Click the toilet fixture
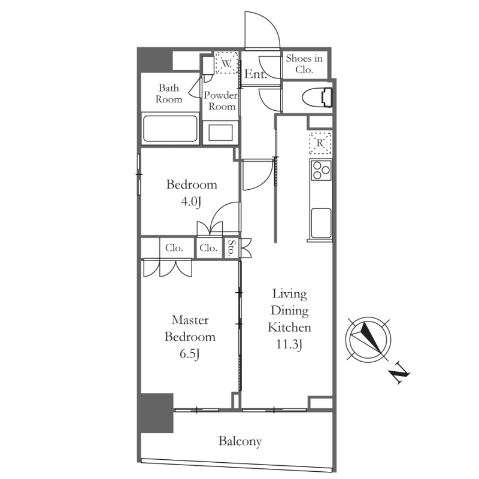[317, 98]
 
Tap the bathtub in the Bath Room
[170, 128]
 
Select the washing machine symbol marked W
[226, 63]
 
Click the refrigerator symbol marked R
[320, 143]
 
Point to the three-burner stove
[321, 170]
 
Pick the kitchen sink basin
[321, 223]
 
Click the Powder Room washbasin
[220, 132]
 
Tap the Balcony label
[240, 442]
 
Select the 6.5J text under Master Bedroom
[190, 354]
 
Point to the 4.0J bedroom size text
[191, 202]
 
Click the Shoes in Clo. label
[304, 64]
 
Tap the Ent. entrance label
[256, 74]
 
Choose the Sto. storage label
[232, 248]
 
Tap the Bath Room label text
[169, 93]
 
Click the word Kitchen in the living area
[289, 328]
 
